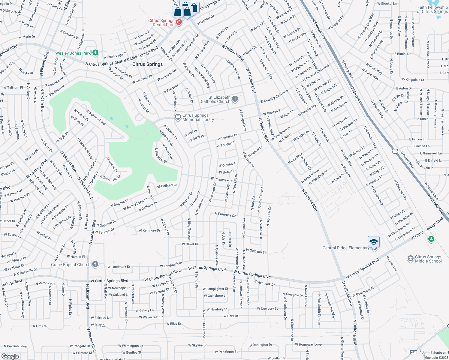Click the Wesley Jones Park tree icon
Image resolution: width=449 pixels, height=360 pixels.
tap(95, 53)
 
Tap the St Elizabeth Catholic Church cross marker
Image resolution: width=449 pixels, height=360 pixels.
tap(235, 99)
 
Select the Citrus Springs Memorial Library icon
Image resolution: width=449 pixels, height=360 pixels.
tap(178, 117)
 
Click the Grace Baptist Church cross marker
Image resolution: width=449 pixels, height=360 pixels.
tap(95, 264)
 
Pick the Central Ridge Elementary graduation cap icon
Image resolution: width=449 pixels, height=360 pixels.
tap(374, 242)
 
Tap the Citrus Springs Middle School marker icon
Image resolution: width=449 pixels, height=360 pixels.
tap(410, 259)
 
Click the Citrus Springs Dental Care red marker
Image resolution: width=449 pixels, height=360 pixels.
tap(179, 22)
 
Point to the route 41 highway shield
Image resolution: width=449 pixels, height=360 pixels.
tap(395, 151)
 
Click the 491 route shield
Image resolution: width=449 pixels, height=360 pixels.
tap(413, 352)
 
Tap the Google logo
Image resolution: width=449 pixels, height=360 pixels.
tap(10, 356)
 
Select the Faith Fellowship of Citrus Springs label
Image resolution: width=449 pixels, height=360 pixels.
tap(432, 9)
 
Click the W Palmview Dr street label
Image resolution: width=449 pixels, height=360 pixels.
tap(222, 180)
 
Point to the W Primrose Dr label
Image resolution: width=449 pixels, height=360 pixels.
tap(225, 214)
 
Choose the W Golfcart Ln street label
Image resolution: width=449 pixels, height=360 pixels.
tap(167, 186)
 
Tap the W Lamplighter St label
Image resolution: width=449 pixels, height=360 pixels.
tap(215, 289)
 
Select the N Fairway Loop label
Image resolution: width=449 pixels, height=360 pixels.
tap(96, 117)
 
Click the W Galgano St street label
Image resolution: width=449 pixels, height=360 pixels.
tap(256, 251)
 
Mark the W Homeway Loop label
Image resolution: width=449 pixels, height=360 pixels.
tap(308, 344)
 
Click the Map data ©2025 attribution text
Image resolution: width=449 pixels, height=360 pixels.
tap(436, 357)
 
